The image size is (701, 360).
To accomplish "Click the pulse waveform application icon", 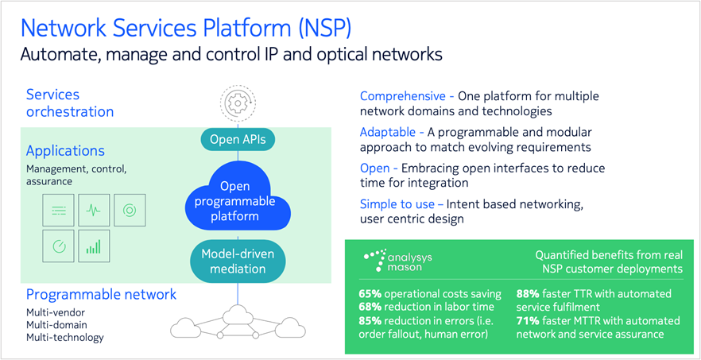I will [94, 211].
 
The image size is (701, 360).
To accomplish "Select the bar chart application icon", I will [94, 246].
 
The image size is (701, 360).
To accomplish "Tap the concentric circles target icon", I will [129, 211].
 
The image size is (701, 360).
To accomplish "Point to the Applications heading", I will [65, 150].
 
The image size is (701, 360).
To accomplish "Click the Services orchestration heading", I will [70, 103].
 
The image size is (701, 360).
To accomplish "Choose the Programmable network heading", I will [101, 294].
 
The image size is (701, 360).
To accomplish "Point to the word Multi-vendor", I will [56, 312].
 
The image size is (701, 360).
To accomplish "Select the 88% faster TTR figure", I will [531, 294].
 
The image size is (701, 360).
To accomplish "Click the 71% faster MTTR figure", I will [530, 321].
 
